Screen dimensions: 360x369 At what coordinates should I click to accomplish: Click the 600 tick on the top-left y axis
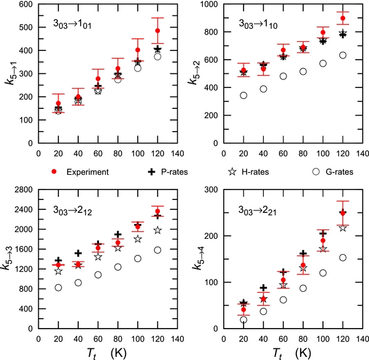27,5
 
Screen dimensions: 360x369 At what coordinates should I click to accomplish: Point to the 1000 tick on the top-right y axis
207,5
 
